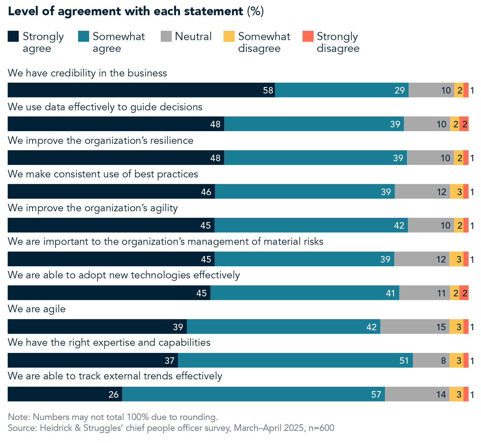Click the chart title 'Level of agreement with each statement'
[125, 11]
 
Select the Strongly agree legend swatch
[13, 36]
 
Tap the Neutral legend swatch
[166, 36]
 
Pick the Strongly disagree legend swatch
[308, 36]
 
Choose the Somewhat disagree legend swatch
[229, 36]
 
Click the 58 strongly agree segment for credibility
[141, 90]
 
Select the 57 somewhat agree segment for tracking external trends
[253, 394]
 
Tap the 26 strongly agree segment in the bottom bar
[65, 394]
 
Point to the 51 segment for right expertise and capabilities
[295, 360]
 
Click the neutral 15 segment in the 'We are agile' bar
[415, 327]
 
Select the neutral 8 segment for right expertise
[431, 360]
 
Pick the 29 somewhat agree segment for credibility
[342, 90]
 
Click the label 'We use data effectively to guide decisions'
[105, 107]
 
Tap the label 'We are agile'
[37, 309]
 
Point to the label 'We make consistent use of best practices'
[103, 174]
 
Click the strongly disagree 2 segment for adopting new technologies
[464, 293]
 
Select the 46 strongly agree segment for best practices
[111, 191]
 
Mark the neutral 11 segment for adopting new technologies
[424, 293]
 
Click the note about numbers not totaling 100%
[113, 417]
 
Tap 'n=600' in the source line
[321, 428]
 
